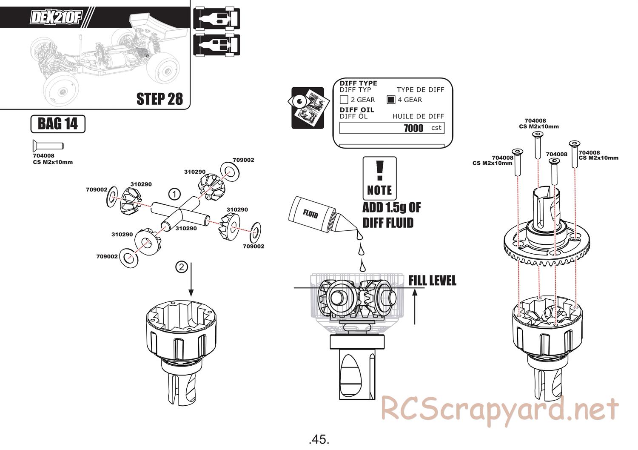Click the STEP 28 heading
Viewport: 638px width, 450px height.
(159, 99)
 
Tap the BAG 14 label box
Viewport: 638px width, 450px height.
(58, 124)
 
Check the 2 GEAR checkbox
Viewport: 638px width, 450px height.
(344, 100)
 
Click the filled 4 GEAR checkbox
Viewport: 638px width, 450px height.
(391, 100)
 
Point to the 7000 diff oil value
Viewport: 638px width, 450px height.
(413, 128)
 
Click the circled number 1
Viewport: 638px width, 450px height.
(174, 194)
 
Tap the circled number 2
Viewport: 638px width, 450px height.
(181, 267)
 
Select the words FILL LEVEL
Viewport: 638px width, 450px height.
(432, 281)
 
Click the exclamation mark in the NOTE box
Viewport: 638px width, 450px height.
(380, 170)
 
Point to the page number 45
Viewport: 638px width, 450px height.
(319, 439)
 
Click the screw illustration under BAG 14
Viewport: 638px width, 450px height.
(47, 146)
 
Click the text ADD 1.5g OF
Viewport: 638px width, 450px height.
(391, 208)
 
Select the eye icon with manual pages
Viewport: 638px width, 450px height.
(308, 108)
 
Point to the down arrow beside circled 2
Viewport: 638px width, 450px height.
(191, 279)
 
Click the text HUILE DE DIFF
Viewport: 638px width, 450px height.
(418, 116)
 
